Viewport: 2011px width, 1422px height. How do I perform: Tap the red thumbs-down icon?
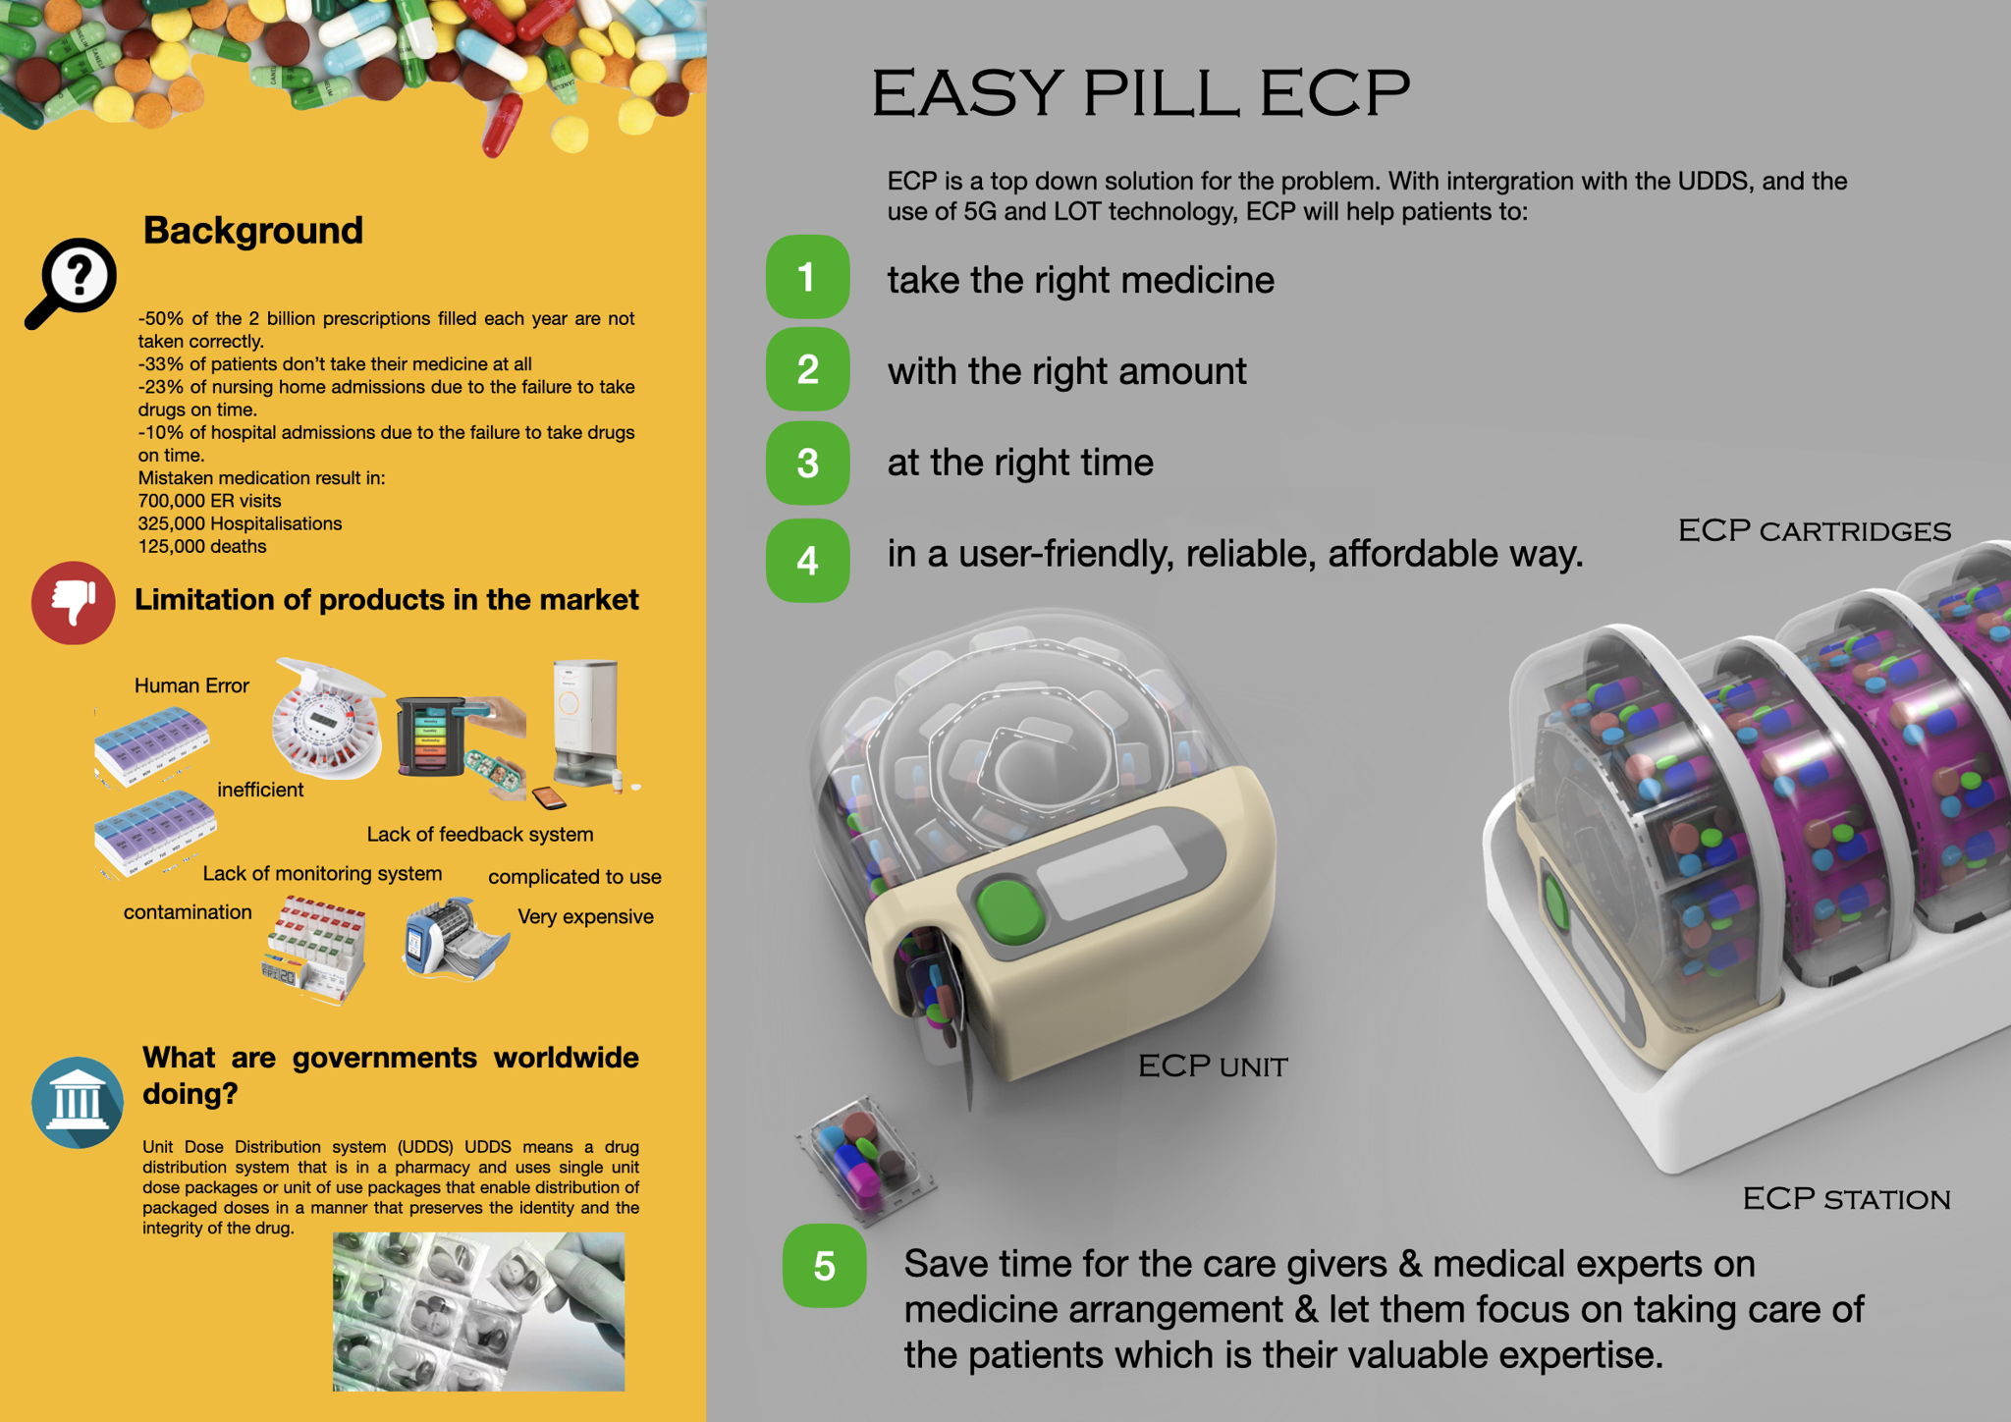point(74,602)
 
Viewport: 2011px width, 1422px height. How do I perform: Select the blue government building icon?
point(78,1102)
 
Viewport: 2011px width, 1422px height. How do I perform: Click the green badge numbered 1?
point(807,277)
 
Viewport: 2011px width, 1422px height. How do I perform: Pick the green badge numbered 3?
point(807,463)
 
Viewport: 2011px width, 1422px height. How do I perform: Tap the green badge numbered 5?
point(824,1266)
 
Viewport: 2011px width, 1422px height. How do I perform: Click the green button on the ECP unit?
point(1010,911)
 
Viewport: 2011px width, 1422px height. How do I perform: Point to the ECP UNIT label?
point(1213,1066)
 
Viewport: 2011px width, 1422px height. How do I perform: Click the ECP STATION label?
point(1846,1198)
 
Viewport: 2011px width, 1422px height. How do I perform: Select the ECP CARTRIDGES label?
point(1814,530)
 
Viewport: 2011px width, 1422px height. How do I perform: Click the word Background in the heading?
point(253,231)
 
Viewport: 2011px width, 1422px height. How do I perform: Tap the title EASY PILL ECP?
point(1141,92)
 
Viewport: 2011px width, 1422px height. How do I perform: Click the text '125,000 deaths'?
point(202,546)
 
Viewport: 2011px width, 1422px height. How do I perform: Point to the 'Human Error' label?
point(191,685)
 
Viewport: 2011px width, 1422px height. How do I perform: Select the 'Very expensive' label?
point(585,916)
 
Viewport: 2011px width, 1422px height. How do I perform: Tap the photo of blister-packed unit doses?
point(478,1311)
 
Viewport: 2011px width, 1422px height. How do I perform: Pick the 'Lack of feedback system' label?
point(480,834)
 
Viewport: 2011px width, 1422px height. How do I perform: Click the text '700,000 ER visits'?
point(209,501)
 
